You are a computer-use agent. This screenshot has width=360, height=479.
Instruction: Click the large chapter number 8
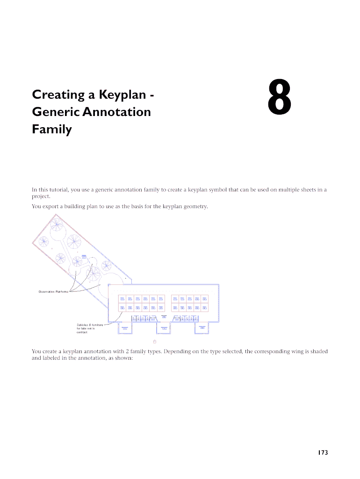(280, 98)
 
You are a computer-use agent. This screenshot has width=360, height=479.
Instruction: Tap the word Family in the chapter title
(51, 129)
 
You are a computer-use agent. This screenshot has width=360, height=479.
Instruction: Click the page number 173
(322, 452)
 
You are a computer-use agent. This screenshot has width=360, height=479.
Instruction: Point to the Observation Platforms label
(53, 292)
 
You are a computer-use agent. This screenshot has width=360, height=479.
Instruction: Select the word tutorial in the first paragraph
(59, 189)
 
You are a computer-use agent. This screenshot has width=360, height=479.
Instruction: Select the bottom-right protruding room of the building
(202, 328)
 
